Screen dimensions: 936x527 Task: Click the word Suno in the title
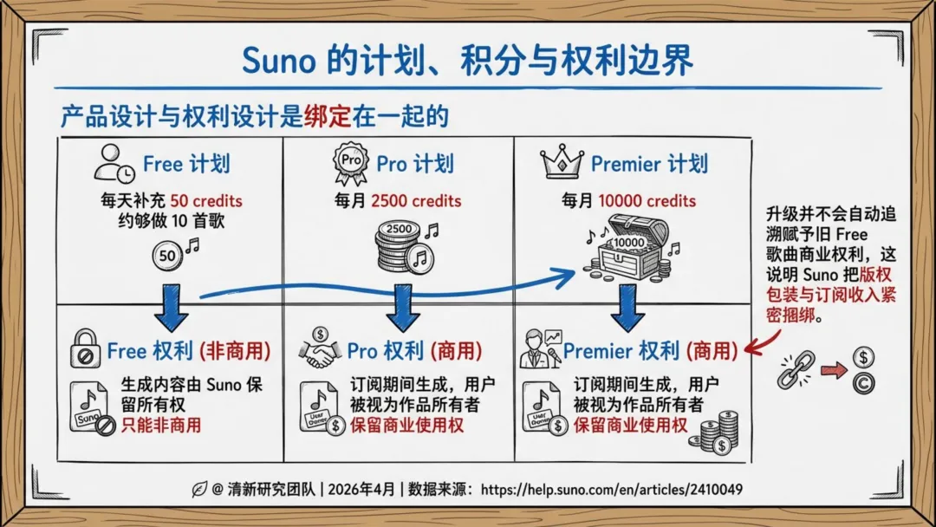pos(278,61)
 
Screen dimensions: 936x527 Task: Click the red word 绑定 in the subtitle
pos(327,116)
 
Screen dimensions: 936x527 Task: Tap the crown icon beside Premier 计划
pos(561,162)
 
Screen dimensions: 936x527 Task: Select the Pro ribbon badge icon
pos(350,163)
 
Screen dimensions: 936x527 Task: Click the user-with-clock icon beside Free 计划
pos(114,163)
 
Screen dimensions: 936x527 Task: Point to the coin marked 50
pos(167,256)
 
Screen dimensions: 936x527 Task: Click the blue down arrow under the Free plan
pos(172,308)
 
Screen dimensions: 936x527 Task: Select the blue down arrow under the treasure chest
pos(627,308)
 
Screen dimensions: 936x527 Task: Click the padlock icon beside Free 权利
pos(85,348)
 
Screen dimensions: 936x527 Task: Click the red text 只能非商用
pos(161,425)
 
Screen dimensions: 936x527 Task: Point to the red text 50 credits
pos(206,200)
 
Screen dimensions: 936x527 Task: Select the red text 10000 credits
pos(647,200)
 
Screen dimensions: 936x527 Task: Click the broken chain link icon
pos(796,369)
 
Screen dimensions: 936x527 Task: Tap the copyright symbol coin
pos(863,383)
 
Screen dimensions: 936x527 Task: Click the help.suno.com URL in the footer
pos(612,490)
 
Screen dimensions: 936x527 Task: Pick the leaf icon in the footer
pos(199,490)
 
